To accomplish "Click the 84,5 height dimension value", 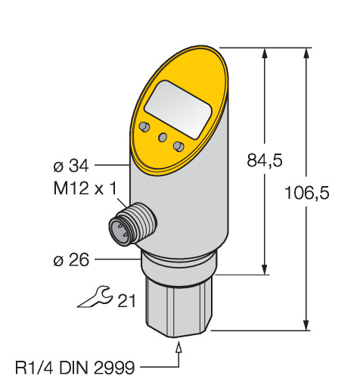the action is [265, 160].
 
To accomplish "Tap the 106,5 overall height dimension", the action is [307, 193].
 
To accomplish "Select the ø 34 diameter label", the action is [71, 166].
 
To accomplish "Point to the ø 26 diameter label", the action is [71, 260].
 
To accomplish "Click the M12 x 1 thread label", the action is [85, 188].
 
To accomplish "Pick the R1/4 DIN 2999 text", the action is [75, 368].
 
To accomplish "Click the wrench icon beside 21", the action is [95, 297].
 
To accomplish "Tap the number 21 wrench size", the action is [126, 300].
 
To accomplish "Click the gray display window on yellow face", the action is [178, 110].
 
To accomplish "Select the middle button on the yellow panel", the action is [163, 137].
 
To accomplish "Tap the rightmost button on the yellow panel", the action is [178, 146].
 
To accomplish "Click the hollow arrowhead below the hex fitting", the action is [178, 347].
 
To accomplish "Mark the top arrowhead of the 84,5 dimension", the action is [265, 54].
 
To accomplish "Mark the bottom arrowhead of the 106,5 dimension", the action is [306, 324].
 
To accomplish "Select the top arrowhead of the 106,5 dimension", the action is [306, 54].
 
